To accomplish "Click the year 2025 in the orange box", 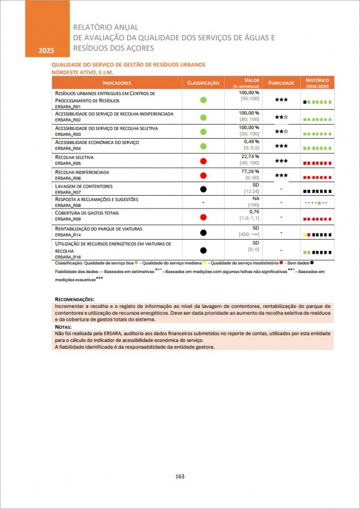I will (46, 51).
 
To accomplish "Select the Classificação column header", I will (203, 83).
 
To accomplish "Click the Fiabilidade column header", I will (281, 83).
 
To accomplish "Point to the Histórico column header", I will (317, 83).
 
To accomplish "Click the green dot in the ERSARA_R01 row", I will (203, 100).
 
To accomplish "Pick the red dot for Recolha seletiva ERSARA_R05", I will (203, 161).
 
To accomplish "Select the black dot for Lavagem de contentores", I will (203, 189).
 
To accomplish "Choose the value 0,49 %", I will (249, 141).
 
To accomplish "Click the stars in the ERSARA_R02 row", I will (281, 117).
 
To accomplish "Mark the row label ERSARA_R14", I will (69, 235).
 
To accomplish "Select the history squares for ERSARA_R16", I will (317, 251).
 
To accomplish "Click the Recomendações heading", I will (75, 299).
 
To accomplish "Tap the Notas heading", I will (63, 327).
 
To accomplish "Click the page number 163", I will (180, 476).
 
